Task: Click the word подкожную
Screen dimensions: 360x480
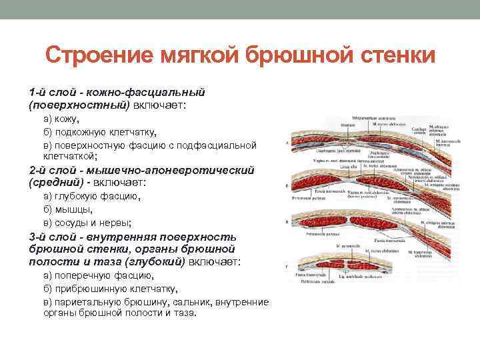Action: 84,131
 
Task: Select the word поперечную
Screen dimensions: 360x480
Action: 87,275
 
